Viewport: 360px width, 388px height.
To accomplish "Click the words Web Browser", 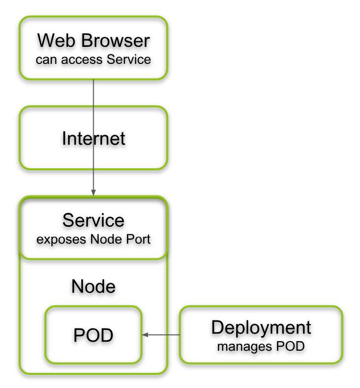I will pyautogui.click(x=94, y=40).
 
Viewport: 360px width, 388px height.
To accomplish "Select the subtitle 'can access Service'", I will pyautogui.click(x=94, y=59).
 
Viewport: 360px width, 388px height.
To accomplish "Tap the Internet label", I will pyautogui.click(x=94, y=138).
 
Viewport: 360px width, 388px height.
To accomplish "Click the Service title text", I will pyautogui.click(x=94, y=220).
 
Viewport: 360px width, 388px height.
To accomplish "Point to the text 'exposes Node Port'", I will pyautogui.click(x=94, y=239).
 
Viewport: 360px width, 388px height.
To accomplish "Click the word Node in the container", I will pyautogui.click(x=94, y=286).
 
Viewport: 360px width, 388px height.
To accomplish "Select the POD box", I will pyautogui.click(x=94, y=335).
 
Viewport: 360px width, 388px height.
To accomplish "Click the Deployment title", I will pyautogui.click(x=261, y=328).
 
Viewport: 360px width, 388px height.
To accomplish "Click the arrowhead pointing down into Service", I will pyautogui.click(x=94, y=193).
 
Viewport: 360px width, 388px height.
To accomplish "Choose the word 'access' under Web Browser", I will pyautogui.click(x=81, y=59).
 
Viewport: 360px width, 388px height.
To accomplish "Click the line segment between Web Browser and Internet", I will pyautogui.click(x=94, y=93).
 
